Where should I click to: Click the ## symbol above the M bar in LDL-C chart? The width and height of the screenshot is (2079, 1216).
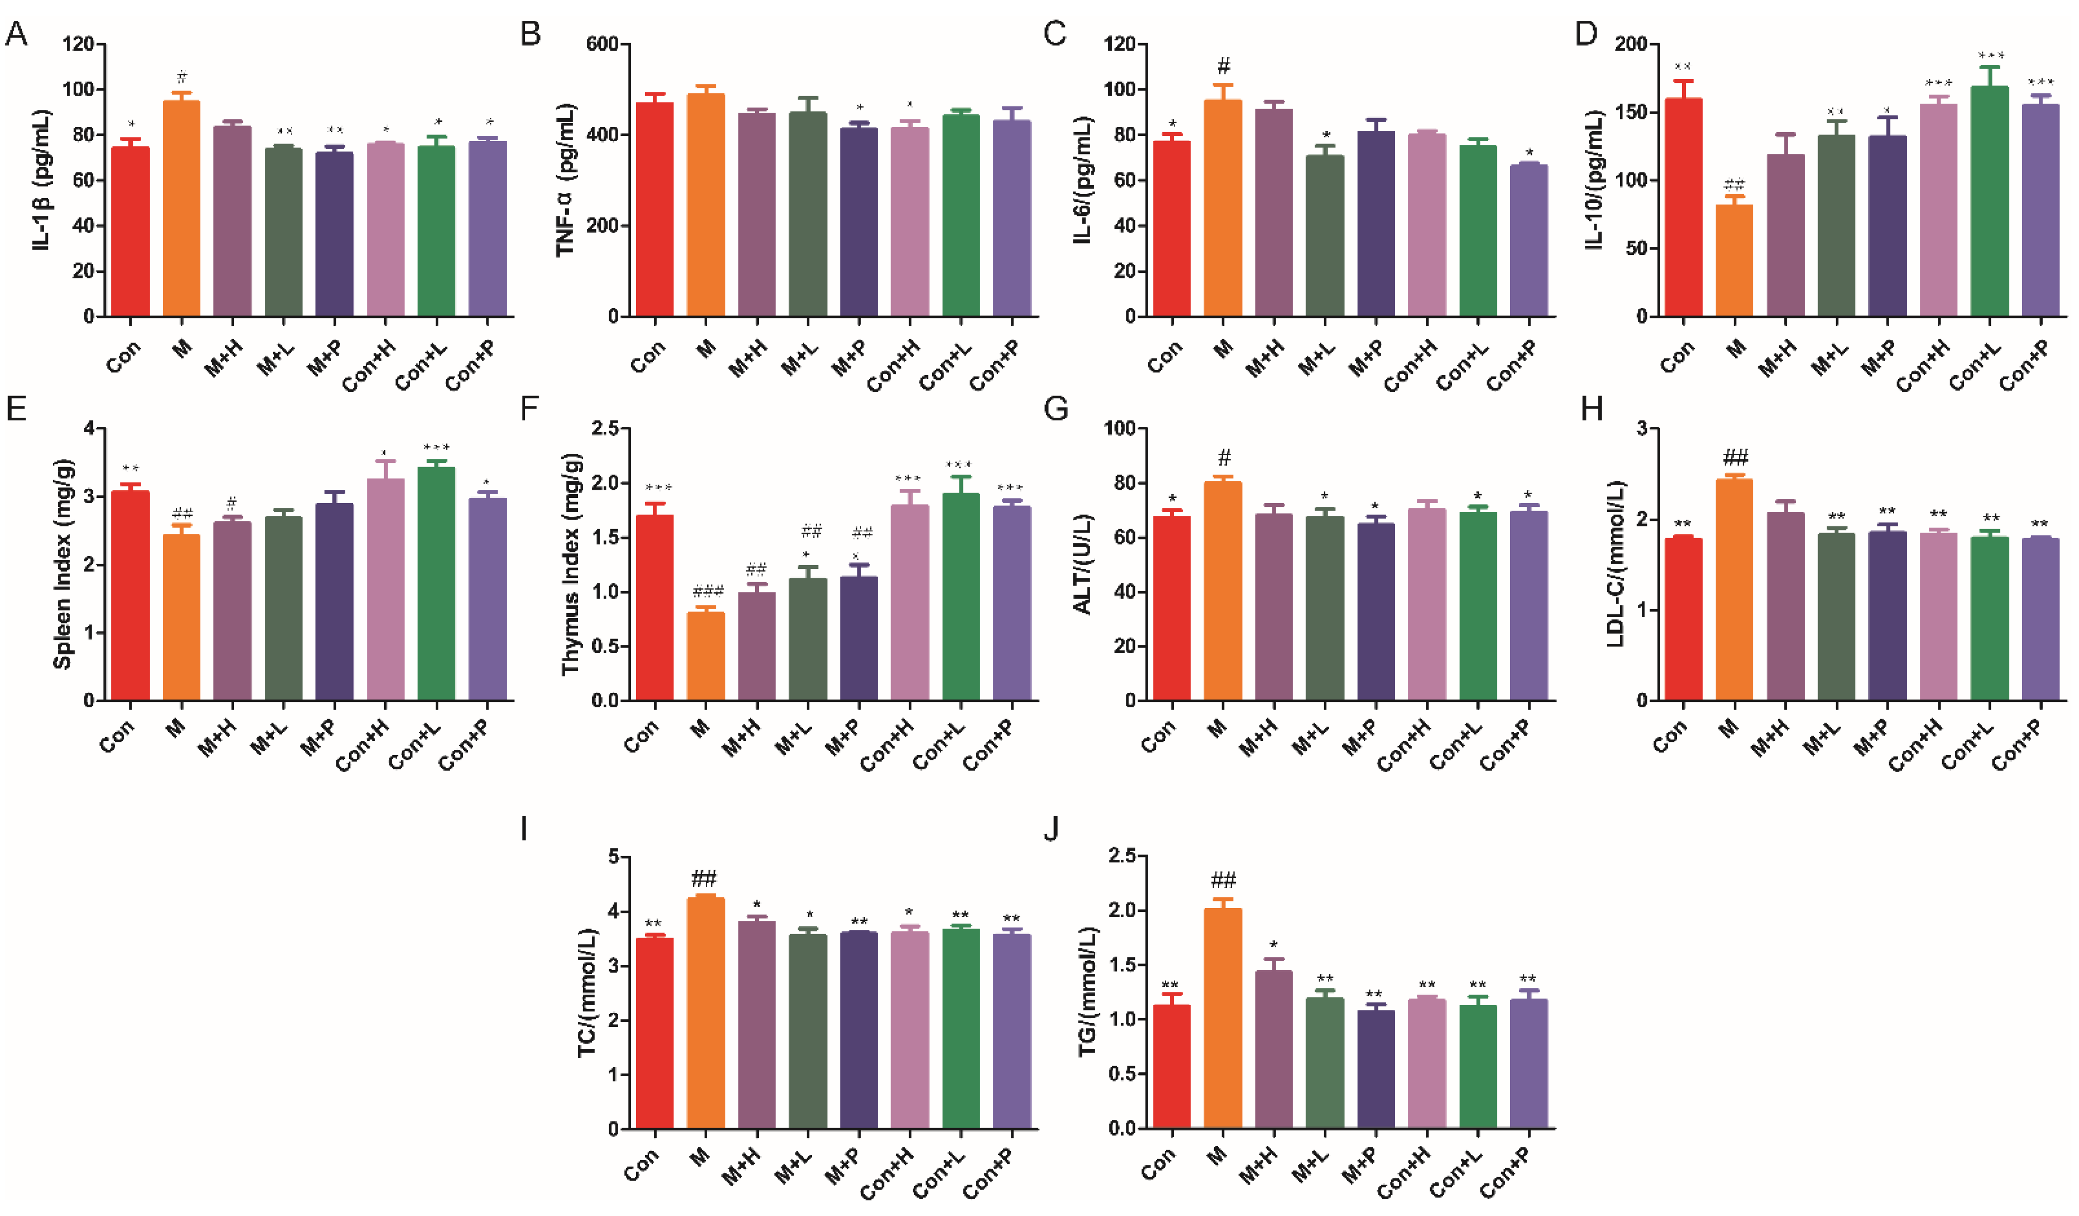pyautogui.click(x=1735, y=458)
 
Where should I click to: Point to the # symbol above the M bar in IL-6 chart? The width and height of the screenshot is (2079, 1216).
pyautogui.click(x=1224, y=66)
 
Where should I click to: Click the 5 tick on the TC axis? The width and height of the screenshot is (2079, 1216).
pyautogui.click(x=613, y=857)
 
